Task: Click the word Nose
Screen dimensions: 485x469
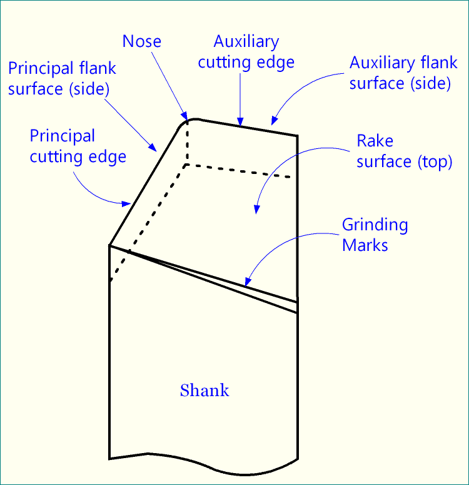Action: tap(142, 42)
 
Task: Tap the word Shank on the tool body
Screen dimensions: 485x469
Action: tap(204, 391)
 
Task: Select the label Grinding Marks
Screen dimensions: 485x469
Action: tap(375, 235)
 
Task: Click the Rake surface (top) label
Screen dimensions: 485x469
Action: tap(403, 151)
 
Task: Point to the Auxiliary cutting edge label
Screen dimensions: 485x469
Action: tap(246, 52)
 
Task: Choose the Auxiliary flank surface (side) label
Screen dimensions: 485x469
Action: tap(400, 73)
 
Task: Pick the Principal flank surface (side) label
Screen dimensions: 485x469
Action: tap(62, 78)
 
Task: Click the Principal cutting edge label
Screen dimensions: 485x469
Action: tap(78, 146)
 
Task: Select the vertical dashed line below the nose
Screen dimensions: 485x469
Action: tap(186, 143)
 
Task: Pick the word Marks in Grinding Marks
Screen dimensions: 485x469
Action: tap(365, 245)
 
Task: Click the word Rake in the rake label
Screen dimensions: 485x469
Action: tap(375, 141)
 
